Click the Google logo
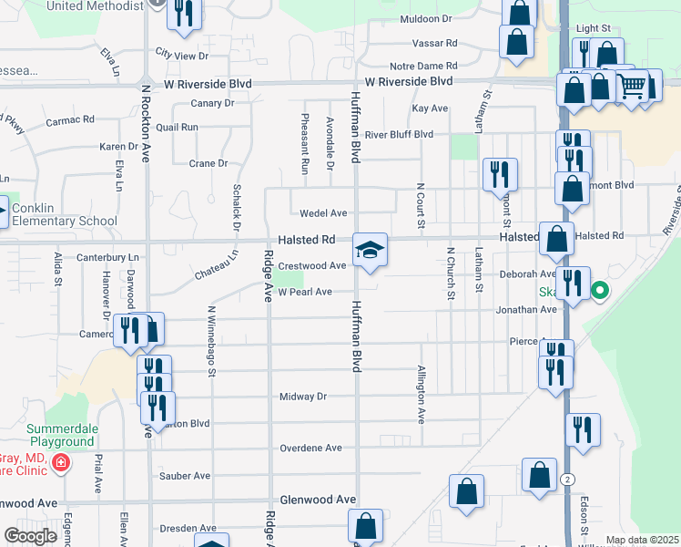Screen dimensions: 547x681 [30, 536]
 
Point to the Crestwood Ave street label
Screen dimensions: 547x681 [312, 266]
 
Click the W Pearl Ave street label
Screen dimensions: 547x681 [304, 293]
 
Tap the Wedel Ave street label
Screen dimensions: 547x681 [326, 213]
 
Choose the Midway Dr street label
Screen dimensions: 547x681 [302, 397]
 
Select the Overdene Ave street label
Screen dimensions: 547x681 [310, 449]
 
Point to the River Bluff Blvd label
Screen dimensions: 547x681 [399, 134]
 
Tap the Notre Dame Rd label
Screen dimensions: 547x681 [422, 66]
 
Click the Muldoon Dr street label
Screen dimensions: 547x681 [425, 18]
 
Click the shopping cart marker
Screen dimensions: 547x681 [632, 87]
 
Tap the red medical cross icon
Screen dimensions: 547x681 [61, 463]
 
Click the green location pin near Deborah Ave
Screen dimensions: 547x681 [600, 292]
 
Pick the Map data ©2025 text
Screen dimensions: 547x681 [642, 540]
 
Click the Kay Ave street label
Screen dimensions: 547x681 [430, 108]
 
